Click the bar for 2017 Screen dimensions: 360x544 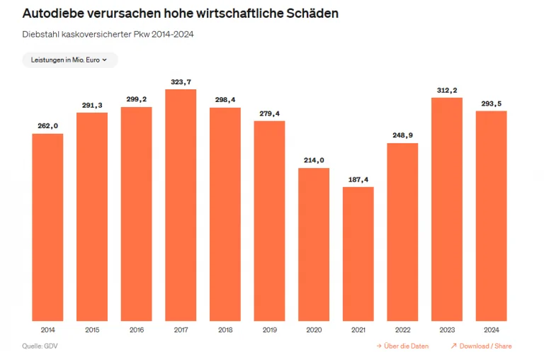click(x=181, y=205)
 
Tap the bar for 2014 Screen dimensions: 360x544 click(x=47, y=227)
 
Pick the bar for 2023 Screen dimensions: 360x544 click(x=447, y=209)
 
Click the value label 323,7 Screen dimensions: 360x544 click(x=181, y=82)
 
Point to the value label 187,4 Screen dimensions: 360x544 click(x=358, y=180)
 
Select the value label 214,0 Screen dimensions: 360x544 click(x=314, y=160)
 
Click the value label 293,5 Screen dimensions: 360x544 click(x=491, y=104)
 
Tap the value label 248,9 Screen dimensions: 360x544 click(x=402, y=135)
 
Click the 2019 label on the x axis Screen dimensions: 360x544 click(x=269, y=330)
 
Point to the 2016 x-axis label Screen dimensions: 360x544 click(x=136, y=330)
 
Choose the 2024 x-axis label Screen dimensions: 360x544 click(x=491, y=330)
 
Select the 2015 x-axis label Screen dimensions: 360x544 click(x=92, y=330)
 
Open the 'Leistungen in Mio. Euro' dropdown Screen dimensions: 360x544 click(x=69, y=60)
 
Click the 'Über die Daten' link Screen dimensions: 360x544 click(x=406, y=346)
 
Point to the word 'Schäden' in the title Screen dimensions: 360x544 click(x=312, y=13)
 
